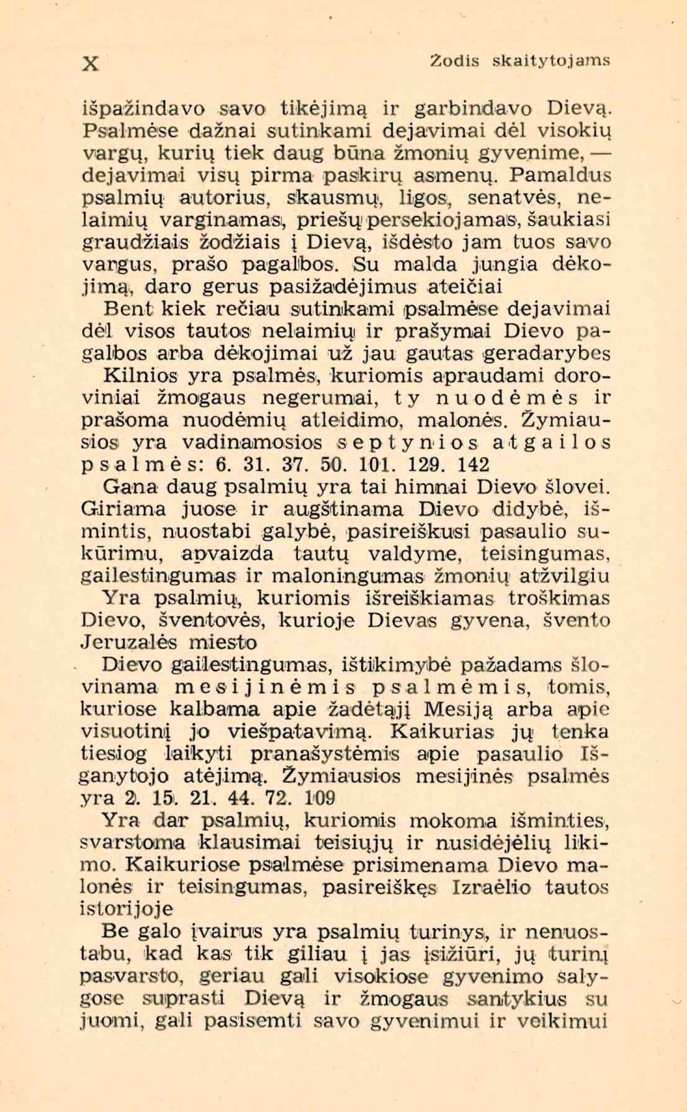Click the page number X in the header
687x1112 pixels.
[x=91, y=63]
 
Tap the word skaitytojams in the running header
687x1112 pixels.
[x=551, y=61]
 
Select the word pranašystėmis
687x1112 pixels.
[x=326, y=754]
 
